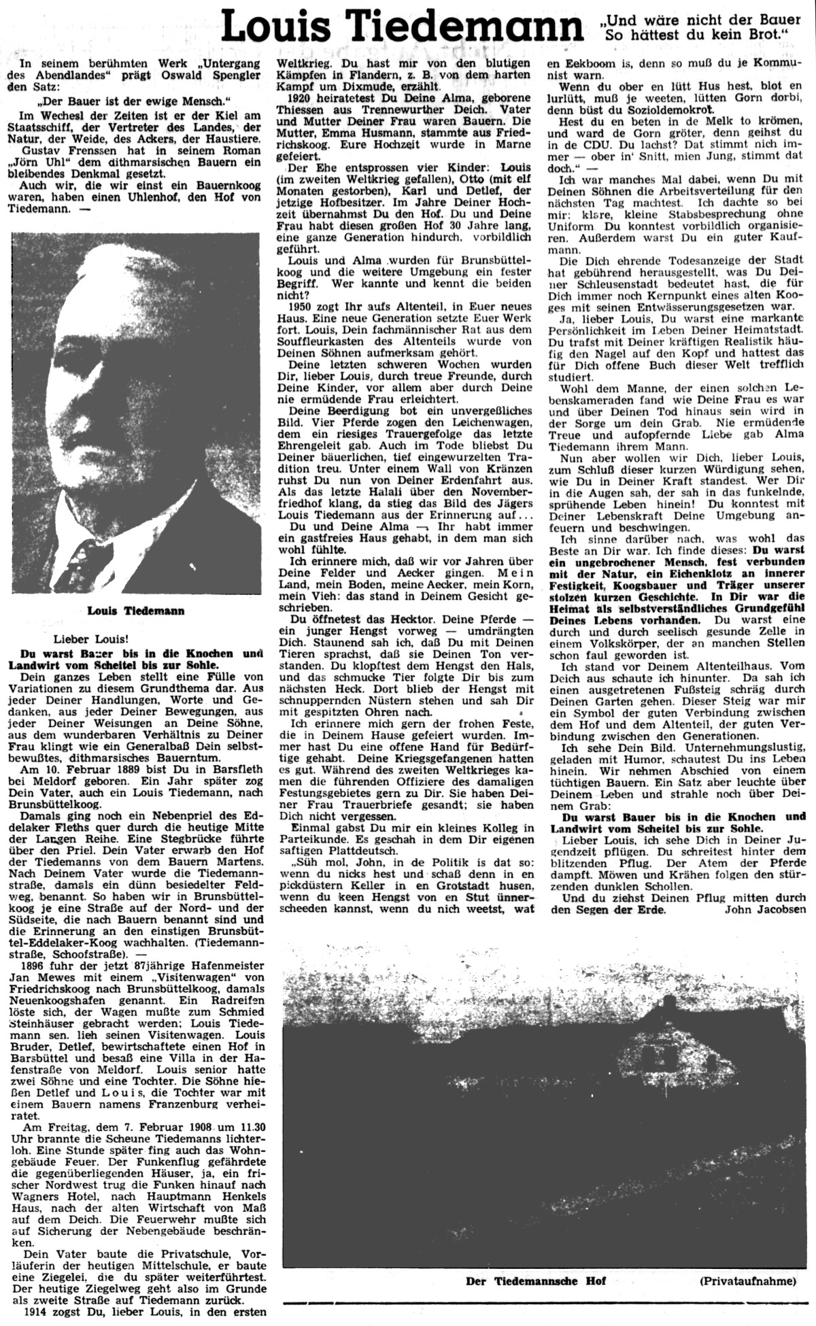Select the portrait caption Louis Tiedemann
coord(136,610)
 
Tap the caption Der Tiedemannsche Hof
coord(535,1280)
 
